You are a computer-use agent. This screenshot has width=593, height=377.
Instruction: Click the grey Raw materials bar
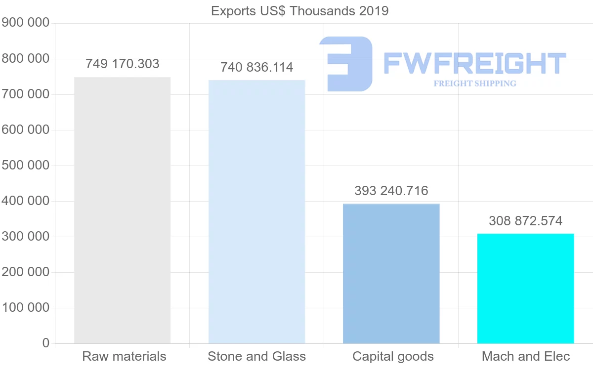(x=122, y=210)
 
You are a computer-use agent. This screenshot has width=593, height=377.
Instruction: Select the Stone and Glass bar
(x=256, y=211)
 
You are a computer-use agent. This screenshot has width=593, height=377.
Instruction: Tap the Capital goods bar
(x=391, y=273)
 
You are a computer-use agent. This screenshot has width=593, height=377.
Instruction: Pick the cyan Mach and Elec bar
(x=525, y=288)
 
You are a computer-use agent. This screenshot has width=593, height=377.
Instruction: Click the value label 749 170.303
(x=123, y=64)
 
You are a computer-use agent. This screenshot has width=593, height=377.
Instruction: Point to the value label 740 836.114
(x=256, y=67)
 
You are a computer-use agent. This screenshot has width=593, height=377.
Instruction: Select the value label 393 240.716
(x=391, y=191)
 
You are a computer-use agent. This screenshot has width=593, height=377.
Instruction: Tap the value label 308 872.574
(x=525, y=221)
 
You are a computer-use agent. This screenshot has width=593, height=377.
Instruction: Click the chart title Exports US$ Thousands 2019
(x=299, y=11)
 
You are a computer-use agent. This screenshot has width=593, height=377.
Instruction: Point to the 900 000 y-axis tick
(x=26, y=23)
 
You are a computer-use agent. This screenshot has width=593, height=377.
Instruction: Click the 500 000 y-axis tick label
(x=26, y=165)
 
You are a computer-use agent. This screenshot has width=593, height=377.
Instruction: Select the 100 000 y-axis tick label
(x=26, y=307)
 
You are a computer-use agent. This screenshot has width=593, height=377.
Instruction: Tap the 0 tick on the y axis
(x=46, y=343)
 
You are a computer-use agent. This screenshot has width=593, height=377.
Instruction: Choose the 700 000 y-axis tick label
(x=26, y=94)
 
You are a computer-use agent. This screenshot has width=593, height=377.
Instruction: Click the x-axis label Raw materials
(x=124, y=356)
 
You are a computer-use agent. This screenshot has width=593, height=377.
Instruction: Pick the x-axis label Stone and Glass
(x=256, y=356)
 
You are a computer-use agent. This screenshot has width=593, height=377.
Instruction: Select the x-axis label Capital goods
(x=393, y=356)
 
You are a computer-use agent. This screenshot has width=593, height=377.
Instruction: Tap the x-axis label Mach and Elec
(x=526, y=356)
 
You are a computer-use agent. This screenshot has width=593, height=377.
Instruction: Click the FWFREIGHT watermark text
(x=474, y=63)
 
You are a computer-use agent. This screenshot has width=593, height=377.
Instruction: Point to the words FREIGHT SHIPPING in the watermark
(x=474, y=84)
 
